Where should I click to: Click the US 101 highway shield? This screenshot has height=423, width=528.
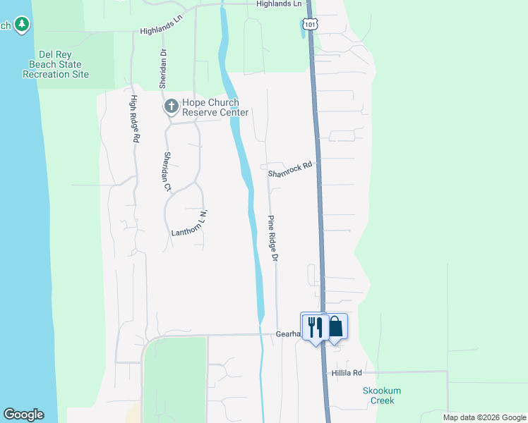(311, 24)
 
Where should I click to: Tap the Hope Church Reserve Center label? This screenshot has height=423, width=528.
(215, 107)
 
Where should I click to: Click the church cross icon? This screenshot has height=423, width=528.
(170, 107)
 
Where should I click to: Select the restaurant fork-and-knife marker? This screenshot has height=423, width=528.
(314, 326)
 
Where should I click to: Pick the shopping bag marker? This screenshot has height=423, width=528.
(335, 326)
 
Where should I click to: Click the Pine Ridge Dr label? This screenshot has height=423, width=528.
(273, 238)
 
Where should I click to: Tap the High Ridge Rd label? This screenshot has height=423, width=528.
(133, 120)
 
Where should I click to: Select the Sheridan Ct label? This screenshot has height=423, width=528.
(167, 171)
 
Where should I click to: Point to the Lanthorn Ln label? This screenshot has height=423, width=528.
(191, 224)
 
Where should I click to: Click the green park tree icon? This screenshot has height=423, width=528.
(22, 25)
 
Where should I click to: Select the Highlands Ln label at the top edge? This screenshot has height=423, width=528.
(279, 4)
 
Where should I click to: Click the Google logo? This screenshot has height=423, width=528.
(23, 415)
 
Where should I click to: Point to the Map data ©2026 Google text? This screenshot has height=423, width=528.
(484, 417)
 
